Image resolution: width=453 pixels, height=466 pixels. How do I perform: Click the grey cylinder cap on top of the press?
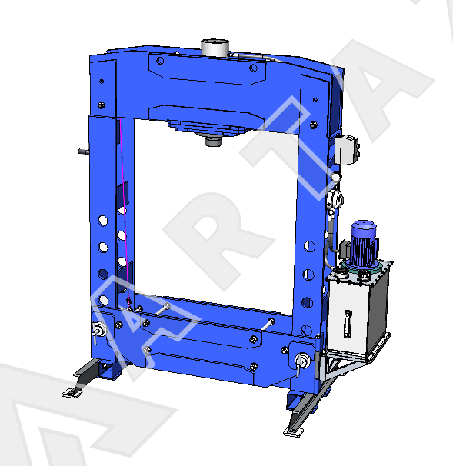click(215, 47)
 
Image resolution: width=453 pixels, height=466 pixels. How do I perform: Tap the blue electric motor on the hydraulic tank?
click(364, 245)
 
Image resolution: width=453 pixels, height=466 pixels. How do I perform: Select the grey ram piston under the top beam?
click(213, 141)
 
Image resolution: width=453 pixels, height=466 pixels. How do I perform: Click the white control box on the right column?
click(347, 149)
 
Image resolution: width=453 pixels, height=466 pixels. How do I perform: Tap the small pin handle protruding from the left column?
click(84, 151)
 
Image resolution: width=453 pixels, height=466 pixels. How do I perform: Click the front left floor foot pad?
click(72, 393)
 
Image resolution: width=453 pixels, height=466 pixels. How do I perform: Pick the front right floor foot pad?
click(293, 431)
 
